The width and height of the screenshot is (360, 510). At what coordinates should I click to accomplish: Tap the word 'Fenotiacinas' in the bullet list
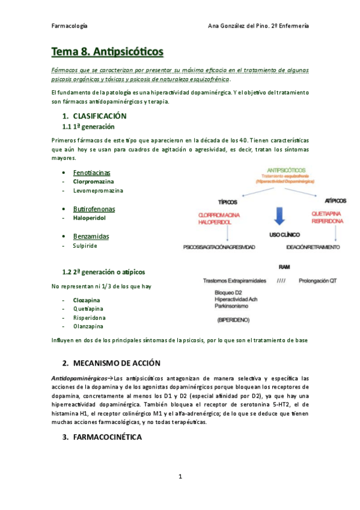click(93, 173)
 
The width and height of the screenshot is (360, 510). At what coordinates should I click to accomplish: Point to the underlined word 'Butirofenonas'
click(94, 209)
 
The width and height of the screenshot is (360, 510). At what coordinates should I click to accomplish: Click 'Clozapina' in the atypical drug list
click(87, 300)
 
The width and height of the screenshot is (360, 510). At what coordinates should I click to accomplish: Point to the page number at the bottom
click(180, 477)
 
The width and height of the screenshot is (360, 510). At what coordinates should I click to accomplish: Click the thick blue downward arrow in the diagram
click(278, 215)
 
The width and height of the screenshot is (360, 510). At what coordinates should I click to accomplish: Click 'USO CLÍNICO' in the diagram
click(284, 234)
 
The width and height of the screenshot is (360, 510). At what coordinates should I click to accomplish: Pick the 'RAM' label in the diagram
click(284, 266)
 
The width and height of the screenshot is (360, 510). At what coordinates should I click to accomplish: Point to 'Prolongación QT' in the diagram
click(320, 280)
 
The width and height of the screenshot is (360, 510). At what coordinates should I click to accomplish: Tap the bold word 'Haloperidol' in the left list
click(89, 218)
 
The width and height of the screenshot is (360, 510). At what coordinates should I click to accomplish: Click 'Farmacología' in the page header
click(70, 26)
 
